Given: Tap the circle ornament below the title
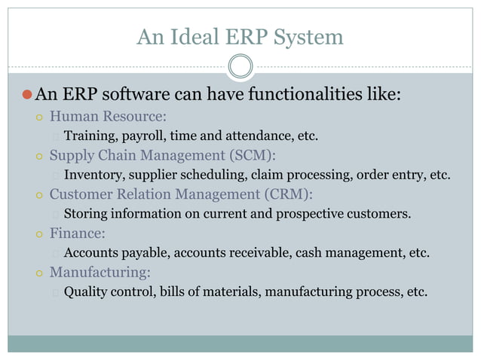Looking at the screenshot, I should (240, 66).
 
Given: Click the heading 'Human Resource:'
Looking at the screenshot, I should (108, 117).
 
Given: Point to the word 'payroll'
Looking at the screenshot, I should (144, 136).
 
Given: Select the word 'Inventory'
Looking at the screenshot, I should (92, 175).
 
